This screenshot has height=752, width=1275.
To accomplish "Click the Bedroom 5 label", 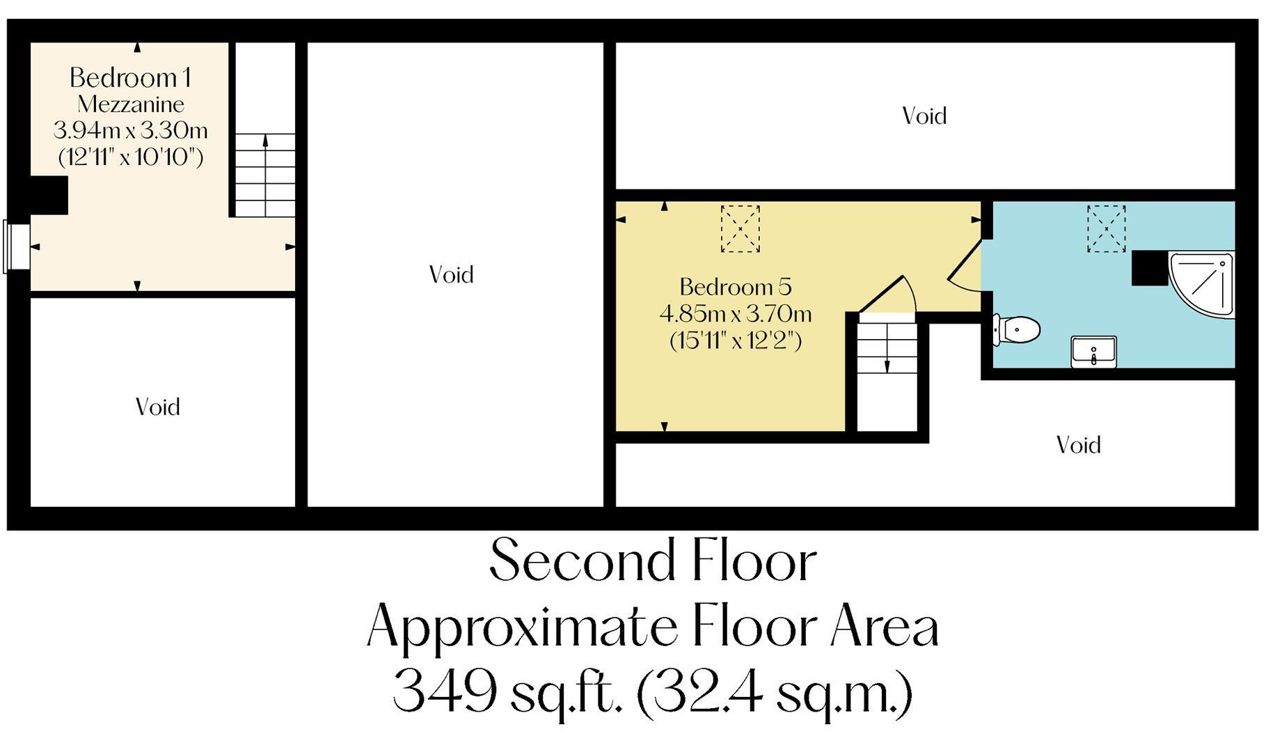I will pos(735,287).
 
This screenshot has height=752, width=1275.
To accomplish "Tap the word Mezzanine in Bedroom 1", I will pos(131,104).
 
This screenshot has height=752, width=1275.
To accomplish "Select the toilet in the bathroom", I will pos(1017,329).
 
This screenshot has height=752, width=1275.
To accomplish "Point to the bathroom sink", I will pos(1093,352).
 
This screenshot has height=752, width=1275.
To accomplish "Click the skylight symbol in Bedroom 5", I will pos(740,228).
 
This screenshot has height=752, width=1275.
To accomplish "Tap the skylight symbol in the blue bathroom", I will pos(1106,228).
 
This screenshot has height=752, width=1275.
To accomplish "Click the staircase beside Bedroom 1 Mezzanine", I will pos(264,174).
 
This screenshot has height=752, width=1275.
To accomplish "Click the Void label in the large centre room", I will pos(451,275).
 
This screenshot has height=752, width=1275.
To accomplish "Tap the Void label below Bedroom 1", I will pos(158,407).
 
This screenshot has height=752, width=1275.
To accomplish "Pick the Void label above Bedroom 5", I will pos(924,116).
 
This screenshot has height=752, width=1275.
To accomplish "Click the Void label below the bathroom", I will pos(1078,445).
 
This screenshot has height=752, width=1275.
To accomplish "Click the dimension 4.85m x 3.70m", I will pos(735,314).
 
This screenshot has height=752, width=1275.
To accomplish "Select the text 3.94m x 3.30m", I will pos(131,130).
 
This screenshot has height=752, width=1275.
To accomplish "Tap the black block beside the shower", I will pos(1149,268).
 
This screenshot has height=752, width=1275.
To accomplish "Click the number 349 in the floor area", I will pos(445,692).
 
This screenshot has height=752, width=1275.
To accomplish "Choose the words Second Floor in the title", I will pos(652,561).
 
